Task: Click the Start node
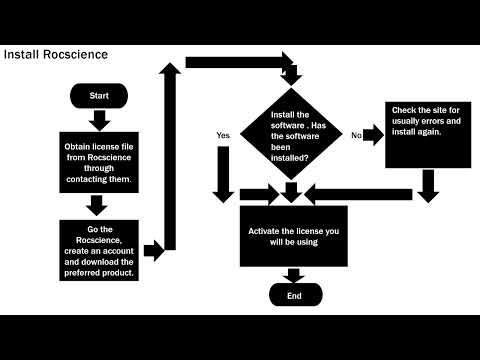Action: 99,96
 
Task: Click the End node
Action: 294,295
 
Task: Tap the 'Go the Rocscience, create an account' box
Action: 98,250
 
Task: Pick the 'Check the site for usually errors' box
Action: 427,134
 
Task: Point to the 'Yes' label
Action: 223,134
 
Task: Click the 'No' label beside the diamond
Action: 355,134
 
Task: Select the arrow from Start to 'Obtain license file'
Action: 99,120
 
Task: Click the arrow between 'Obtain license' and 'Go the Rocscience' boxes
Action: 98,206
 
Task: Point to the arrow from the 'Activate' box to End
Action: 294,275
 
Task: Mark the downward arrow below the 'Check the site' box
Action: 428,184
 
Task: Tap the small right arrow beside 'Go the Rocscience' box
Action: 153,250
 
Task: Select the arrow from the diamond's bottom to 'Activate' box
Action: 291,189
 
